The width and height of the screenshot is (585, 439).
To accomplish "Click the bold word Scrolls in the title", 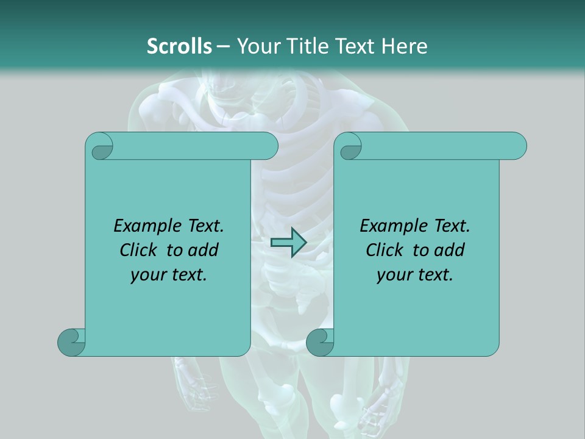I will (179, 46).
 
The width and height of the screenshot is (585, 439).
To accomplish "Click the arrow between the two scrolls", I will (288, 243).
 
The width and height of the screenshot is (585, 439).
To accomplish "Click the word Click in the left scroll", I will (140, 250).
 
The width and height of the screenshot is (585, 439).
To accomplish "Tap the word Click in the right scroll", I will (386, 250).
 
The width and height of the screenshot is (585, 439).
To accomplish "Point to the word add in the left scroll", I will (204, 250).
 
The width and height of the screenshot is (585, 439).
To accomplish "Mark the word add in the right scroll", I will (450, 250).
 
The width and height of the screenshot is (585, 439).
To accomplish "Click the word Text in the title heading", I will (356, 46).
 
